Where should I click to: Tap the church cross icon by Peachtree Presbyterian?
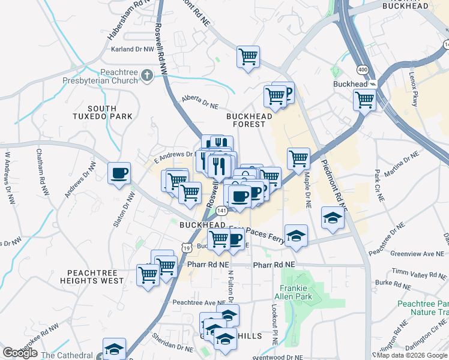point(163,72)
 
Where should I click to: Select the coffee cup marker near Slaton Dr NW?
point(119,173)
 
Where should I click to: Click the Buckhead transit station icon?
point(372,84)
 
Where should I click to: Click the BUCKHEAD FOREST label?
point(246,120)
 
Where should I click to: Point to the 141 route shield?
point(222,211)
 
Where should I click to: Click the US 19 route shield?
point(187,247)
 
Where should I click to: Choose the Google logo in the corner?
point(20,353)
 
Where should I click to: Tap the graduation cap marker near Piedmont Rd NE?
point(331,217)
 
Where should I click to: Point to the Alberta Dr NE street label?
point(200,103)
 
